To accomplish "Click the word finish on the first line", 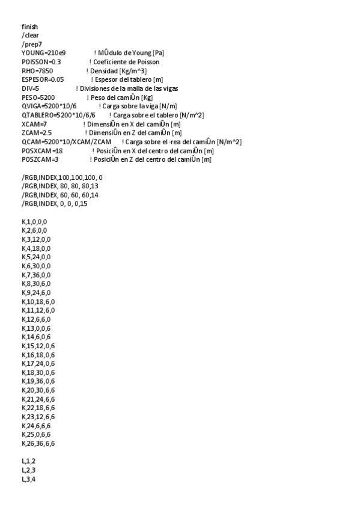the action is click(30, 27).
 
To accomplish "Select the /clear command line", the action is click(30, 35).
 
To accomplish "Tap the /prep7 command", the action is click(32, 45).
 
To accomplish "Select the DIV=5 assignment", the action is click(30, 88).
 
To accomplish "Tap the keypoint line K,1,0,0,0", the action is click(34, 222).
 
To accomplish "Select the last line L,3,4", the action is click(28, 478).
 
